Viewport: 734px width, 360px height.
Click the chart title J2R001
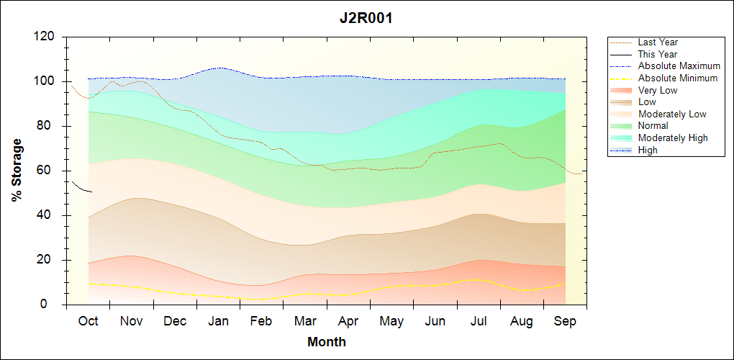tap(366, 19)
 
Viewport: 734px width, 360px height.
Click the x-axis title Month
tap(327, 342)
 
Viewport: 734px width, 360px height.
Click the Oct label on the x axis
tap(88, 321)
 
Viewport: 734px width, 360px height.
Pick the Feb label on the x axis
tap(262, 321)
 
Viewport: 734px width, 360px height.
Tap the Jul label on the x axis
tap(479, 321)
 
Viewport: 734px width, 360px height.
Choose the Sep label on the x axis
tap(565, 321)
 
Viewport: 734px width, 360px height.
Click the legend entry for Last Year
tap(657, 42)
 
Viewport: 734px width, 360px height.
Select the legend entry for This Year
tap(657, 54)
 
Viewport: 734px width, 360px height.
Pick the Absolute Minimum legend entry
tap(677, 78)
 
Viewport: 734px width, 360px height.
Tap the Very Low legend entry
tap(657, 91)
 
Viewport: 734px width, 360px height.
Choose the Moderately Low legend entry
tap(671, 114)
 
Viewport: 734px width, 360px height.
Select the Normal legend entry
tap(653, 126)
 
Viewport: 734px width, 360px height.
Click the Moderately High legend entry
tap(673, 138)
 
